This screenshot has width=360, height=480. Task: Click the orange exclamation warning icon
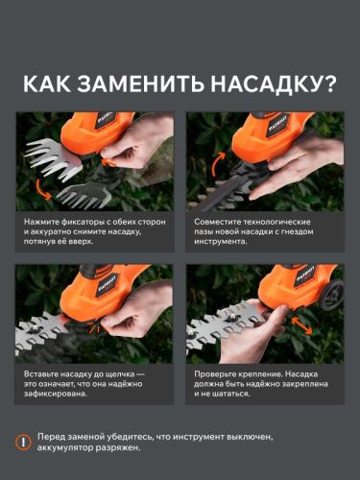[x=24, y=443]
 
